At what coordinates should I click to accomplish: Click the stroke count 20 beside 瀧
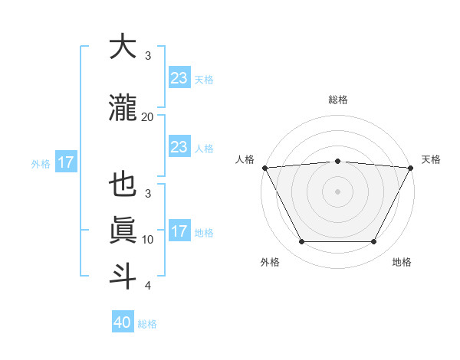coord(147,116)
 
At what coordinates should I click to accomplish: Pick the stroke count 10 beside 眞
coord(147,240)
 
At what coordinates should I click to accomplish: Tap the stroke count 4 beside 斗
coord(147,286)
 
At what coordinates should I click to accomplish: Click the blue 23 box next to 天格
coord(179,77)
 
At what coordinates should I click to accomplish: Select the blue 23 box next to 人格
coord(179,147)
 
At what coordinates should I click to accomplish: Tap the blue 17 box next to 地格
coord(179,231)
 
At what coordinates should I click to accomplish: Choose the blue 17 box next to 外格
coord(65,162)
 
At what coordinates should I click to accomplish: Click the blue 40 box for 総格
coord(123,322)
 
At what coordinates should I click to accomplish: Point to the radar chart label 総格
coord(337,100)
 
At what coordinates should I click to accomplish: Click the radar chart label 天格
coord(431,159)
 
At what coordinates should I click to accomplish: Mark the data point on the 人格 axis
coord(264,167)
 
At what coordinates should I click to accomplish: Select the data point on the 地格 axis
coord(373,242)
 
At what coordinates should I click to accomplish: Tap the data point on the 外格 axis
coord(301,242)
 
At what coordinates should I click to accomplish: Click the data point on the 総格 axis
coord(337,161)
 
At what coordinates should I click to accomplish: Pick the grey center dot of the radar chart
coord(337,191)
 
